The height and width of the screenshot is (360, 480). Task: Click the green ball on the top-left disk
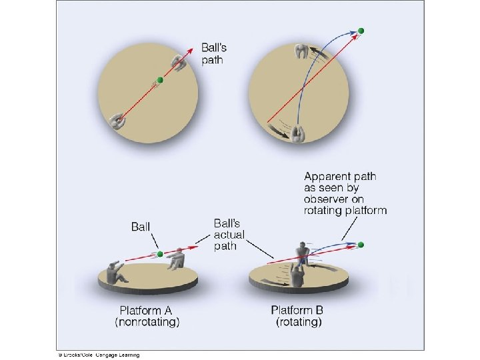(159, 81)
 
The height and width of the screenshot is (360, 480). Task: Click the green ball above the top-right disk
(361, 31)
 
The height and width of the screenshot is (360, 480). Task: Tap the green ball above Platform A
(159, 254)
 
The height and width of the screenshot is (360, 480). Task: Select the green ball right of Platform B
(361, 245)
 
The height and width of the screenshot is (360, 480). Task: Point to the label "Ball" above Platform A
(141, 227)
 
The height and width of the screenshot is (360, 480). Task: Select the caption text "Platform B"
(299, 310)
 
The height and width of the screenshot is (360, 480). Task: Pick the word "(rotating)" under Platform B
(299, 322)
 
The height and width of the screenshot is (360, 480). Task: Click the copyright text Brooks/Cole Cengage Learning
(98, 355)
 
